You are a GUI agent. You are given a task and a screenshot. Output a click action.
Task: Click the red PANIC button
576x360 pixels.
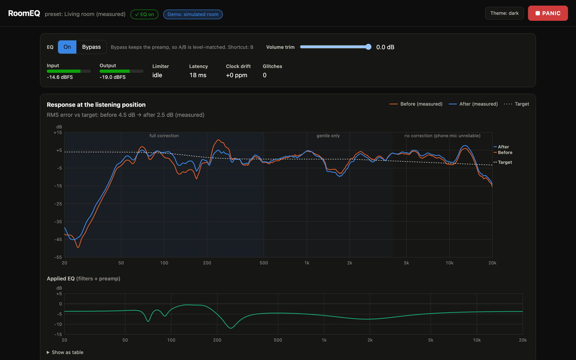(x=548, y=13)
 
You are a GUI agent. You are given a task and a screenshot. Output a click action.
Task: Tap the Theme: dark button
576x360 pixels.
(x=504, y=13)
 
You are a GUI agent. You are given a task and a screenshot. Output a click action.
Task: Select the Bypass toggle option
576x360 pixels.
(x=91, y=47)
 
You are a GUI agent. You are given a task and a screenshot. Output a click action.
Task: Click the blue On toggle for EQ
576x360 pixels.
(x=67, y=47)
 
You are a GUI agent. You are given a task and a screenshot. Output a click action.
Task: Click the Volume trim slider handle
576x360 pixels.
(x=368, y=47)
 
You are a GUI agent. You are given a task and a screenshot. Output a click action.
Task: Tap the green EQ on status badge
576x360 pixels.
(x=144, y=14)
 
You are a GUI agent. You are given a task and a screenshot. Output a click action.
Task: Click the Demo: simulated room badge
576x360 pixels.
(x=193, y=14)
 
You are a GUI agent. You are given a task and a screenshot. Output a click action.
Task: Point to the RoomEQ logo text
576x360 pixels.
(x=24, y=13)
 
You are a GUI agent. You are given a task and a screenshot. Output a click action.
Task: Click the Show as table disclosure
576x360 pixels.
(x=65, y=352)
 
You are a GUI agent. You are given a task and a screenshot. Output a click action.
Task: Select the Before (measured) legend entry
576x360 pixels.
(x=416, y=104)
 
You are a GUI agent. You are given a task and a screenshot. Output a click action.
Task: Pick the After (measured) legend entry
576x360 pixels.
(x=473, y=104)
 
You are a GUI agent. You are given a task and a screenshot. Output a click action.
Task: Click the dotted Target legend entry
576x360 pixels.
(x=516, y=104)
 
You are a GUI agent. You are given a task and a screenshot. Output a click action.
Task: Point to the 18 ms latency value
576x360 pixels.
(x=198, y=75)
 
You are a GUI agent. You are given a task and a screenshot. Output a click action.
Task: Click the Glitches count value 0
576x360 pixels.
(x=265, y=75)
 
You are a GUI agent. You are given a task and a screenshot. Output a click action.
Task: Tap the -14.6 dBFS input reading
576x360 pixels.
(x=60, y=77)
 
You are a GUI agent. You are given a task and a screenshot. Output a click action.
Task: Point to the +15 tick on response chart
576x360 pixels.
(x=58, y=133)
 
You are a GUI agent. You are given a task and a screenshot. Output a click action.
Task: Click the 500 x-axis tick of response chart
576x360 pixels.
(x=264, y=263)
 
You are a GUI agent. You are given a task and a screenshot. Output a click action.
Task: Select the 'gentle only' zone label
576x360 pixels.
(x=328, y=135)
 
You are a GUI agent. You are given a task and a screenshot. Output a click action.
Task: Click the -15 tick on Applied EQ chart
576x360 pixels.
(x=58, y=334)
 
